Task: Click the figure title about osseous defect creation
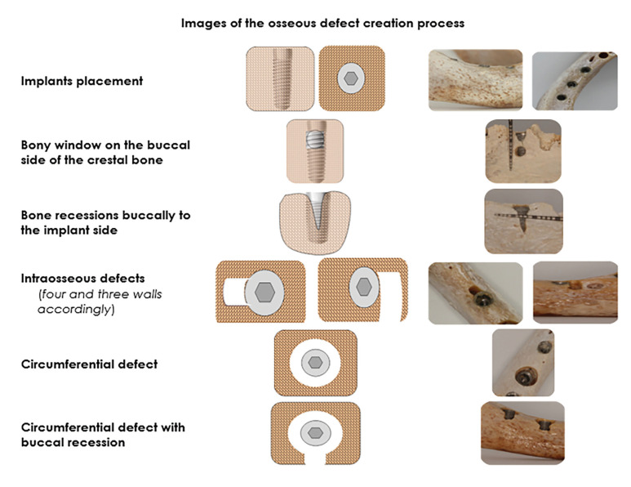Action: [x=322, y=23]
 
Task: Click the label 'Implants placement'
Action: [x=82, y=81]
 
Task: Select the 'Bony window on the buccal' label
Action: [x=105, y=145]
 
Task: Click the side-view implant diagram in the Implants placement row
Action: [x=280, y=79]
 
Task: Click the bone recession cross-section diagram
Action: [x=314, y=221]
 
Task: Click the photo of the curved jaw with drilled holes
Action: [x=575, y=81]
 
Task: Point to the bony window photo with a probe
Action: [x=522, y=150]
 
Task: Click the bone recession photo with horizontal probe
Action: [x=523, y=221]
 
